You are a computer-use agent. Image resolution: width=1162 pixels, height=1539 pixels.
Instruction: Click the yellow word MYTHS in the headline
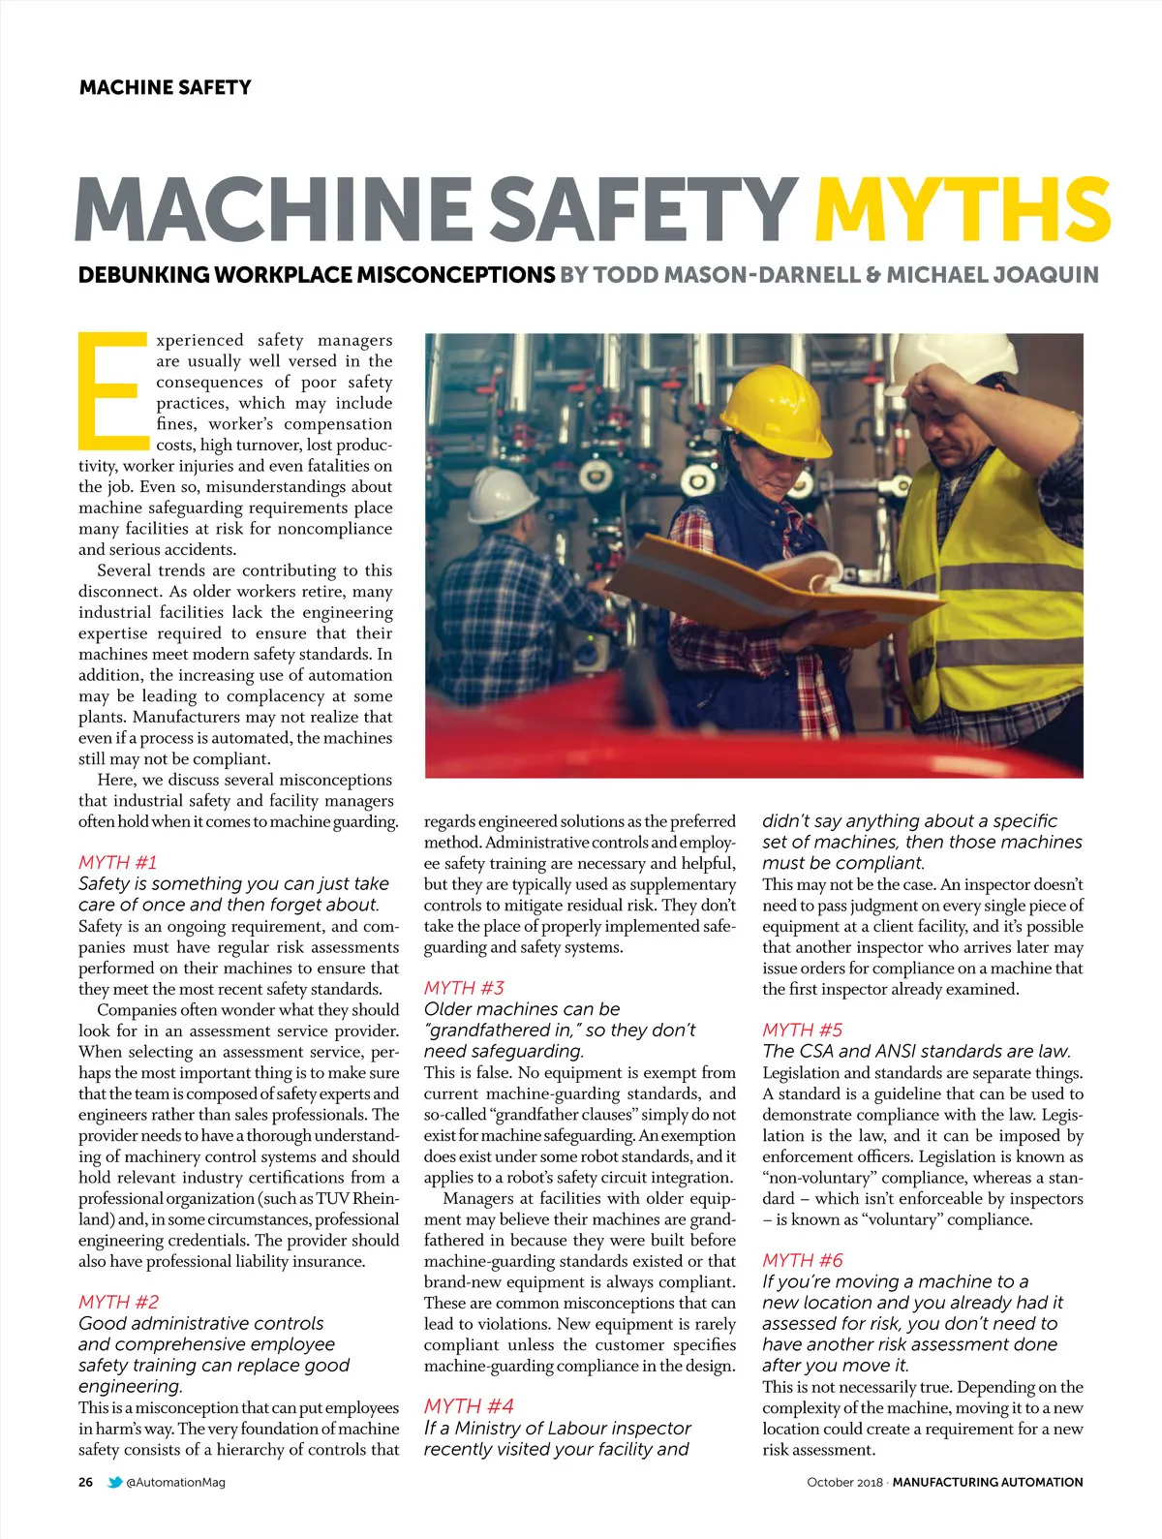tap(962, 209)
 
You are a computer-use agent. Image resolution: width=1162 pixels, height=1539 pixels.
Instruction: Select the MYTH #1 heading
tap(117, 862)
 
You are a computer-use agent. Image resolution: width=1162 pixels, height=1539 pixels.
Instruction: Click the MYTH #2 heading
tap(118, 1302)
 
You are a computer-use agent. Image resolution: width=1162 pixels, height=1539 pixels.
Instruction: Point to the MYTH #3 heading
tap(464, 988)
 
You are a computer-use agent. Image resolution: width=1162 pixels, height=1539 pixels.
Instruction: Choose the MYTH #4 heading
tap(469, 1406)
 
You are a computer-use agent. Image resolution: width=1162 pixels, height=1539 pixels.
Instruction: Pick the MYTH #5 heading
tap(802, 1030)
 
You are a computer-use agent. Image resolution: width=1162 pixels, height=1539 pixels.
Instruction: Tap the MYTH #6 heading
tap(802, 1260)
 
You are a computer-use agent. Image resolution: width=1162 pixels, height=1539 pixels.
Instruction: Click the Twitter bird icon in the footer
tap(115, 1482)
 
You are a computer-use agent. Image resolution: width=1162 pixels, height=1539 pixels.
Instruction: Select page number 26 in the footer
tap(86, 1482)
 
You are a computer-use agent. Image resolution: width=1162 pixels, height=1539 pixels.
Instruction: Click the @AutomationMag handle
tap(175, 1482)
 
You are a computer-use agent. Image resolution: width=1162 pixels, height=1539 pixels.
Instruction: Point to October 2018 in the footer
tap(843, 1482)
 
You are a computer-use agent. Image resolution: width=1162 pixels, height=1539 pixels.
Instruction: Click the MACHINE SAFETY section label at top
tap(165, 87)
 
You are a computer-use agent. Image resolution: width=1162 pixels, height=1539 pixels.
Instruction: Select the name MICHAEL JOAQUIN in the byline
tap(993, 275)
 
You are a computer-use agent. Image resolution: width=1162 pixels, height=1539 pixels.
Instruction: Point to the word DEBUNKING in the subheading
tap(143, 275)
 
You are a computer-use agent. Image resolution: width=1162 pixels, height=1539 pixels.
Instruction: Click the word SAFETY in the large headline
tap(643, 209)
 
